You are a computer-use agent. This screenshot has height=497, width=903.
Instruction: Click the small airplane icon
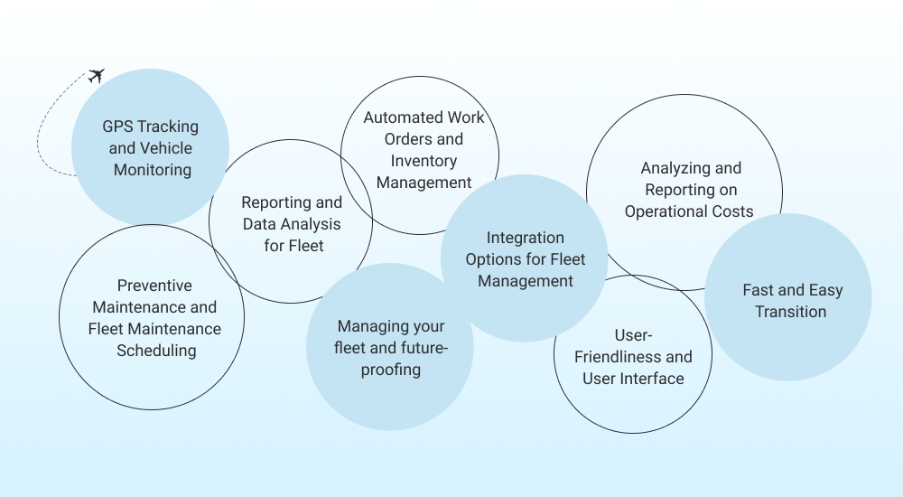pos(97,75)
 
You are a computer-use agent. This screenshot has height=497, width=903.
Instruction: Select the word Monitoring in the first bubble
pos(153,169)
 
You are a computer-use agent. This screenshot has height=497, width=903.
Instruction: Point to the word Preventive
pos(154,286)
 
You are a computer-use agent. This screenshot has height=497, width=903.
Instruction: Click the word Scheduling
pos(156,351)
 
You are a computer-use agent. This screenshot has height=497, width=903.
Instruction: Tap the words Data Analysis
pos(292,224)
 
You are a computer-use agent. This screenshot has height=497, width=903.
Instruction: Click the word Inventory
pos(424,161)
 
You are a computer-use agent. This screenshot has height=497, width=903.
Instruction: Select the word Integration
pos(526,238)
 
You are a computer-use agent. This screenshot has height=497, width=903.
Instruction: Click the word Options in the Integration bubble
pos(494,259)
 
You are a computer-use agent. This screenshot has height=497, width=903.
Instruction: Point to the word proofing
pos(390,370)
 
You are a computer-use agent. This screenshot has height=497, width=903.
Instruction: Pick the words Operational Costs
pos(689,211)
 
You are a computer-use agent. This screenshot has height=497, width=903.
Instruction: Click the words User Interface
pos(633,379)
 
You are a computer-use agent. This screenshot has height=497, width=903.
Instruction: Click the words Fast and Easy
pos(792,290)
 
